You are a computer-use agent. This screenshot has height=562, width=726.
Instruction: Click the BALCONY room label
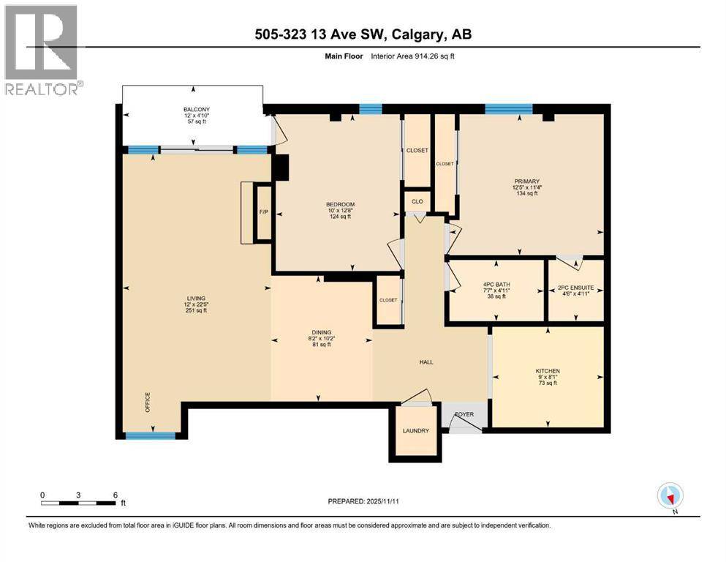pos(196,110)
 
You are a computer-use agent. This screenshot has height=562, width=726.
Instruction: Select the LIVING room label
pos(196,299)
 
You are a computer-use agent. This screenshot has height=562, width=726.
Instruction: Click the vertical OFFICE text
pos(147,403)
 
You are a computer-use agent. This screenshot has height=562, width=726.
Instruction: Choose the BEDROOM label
pos(340,204)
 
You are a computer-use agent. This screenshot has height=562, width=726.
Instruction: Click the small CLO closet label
pos(417,201)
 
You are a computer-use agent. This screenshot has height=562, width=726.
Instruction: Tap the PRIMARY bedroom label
pos(526,181)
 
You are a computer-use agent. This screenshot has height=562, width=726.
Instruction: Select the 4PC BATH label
pos(496,286)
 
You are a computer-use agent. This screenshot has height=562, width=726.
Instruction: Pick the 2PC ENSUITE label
pos(575,286)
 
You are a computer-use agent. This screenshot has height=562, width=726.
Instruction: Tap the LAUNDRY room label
pos(415,431)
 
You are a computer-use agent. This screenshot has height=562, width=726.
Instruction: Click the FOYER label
pos(464,414)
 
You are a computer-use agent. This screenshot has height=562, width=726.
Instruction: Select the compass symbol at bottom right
pos(670,495)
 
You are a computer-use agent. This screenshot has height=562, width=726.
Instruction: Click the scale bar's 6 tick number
pos(115,494)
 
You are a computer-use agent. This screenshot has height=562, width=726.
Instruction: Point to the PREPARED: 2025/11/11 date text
pos(363,501)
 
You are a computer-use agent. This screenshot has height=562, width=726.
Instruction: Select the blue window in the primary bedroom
pos(508,109)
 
